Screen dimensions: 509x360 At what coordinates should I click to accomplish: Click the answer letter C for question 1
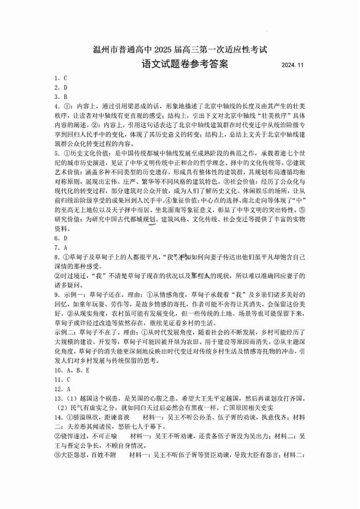pos(65,78)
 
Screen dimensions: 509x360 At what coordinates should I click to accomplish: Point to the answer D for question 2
pos(65,88)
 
